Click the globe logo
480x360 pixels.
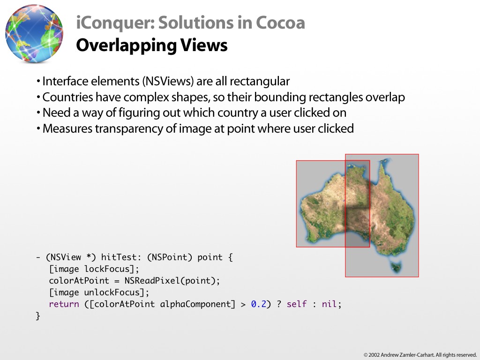(34, 33)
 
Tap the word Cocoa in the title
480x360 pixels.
(280, 22)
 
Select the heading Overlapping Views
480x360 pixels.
(151, 45)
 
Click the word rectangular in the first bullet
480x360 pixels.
(260, 82)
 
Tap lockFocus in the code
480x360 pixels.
(107, 269)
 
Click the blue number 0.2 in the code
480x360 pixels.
(259, 304)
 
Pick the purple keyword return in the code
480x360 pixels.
(64, 304)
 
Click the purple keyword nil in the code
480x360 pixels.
(330, 304)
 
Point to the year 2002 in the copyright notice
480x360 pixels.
(374, 355)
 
